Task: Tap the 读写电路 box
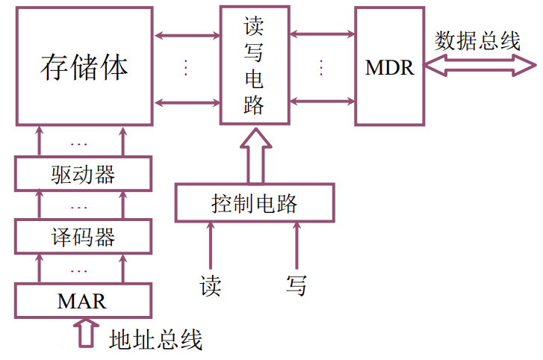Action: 254,66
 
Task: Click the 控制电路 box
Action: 254,202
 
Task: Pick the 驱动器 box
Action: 83,175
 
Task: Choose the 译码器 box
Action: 83,238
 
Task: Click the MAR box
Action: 83,301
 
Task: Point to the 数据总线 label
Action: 478,40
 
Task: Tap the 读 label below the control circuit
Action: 211,285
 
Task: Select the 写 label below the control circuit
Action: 297,285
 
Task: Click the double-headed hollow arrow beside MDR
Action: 478,67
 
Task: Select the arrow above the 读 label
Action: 211,246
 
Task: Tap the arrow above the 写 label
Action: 297,246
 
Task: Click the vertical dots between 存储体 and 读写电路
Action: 186,67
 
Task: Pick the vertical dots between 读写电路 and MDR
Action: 321,67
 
